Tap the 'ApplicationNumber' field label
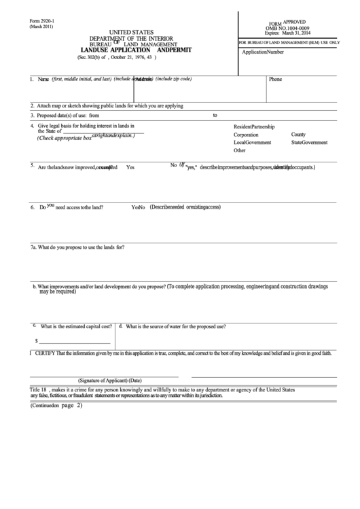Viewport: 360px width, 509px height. (263, 52)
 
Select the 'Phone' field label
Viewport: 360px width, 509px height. (275, 79)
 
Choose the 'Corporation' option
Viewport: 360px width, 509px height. (246, 135)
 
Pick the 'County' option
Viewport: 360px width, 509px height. (298, 135)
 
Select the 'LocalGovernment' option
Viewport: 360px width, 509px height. (253, 143)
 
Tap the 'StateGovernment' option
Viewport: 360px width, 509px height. (309, 143)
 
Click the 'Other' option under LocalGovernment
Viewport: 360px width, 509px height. (239, 151)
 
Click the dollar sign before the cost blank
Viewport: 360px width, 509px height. (36, 340)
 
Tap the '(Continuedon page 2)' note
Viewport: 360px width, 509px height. (56, 405)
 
